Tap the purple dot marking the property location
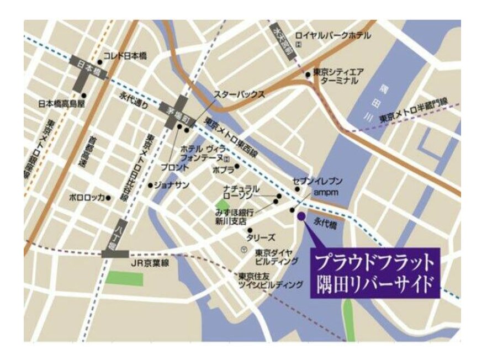pos(301,216)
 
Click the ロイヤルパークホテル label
pos(333,35)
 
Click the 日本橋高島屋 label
pos(61,103)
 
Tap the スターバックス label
pos(239,94)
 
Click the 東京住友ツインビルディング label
pos(271,281)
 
